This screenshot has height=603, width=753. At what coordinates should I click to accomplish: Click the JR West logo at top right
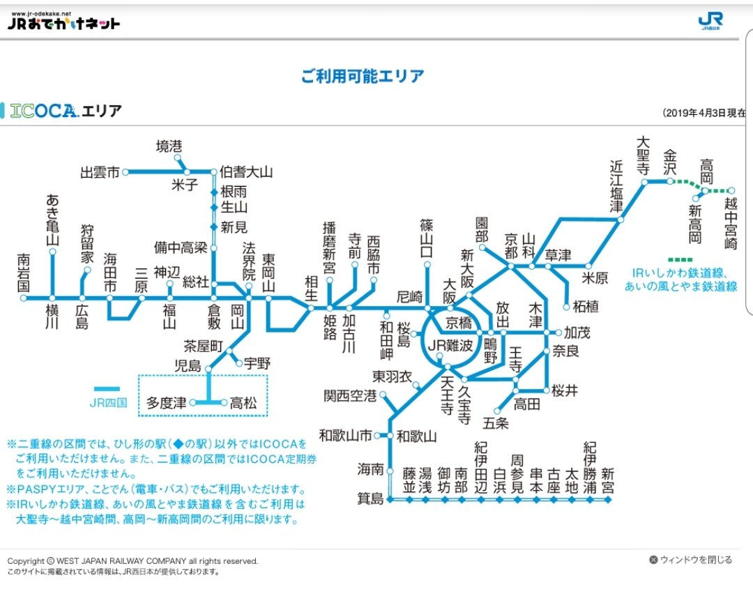[x=710, y=22]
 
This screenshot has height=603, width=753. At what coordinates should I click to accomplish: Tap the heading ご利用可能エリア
[x=363, y=77]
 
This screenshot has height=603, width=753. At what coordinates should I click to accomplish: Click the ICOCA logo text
[x=43, y=111]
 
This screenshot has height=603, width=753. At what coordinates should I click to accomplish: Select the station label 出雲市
[x=100, y=172]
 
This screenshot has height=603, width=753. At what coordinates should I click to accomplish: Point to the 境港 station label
[x=169, y=146]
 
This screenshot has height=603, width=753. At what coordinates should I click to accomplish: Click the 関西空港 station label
[x=349, y=396]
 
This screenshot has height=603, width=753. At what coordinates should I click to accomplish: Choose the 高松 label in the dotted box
[x=244, y=403]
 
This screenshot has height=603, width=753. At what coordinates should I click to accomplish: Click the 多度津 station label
[x=166, y=403]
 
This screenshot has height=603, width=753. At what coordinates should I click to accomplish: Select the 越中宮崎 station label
[x=731, y=224]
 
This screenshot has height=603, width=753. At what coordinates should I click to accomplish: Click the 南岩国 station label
[x=23, y=272]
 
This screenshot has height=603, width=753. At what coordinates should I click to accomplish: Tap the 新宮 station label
[x=607, y=480]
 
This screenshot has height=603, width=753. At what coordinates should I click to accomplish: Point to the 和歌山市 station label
[x=345, y=436]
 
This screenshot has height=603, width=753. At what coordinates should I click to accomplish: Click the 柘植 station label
[x=581, y=305]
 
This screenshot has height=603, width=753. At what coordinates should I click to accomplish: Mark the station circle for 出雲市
[x=125, y=171]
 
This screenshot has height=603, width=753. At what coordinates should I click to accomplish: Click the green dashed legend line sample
[x=679, y=259]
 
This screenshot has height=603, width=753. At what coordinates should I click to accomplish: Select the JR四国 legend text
[x=107, y=402]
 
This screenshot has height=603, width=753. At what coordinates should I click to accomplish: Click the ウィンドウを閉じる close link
[x=691, y=560]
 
